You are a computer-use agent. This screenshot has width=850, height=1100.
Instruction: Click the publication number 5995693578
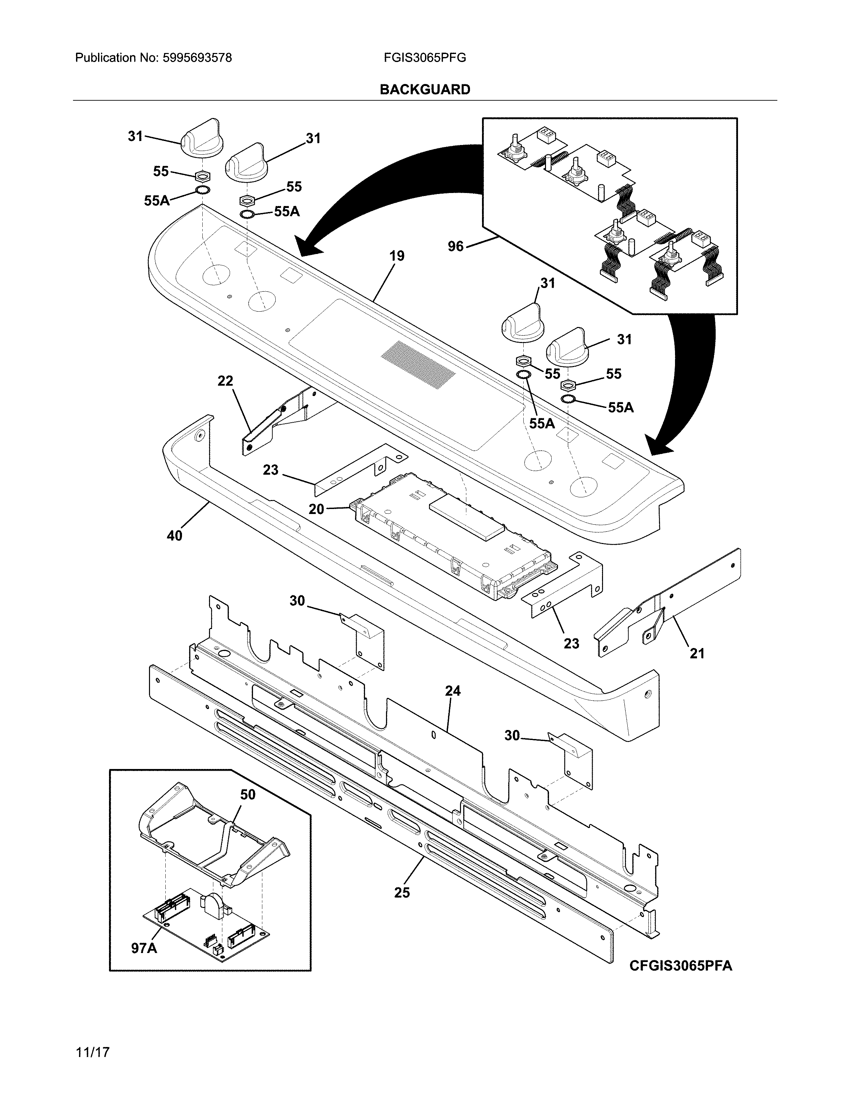(197, 58)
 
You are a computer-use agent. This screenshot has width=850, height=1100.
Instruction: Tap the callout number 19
(397, 256)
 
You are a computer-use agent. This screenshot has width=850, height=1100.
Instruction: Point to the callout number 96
(455, 246)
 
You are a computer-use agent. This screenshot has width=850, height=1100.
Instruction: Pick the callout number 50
(247, 795)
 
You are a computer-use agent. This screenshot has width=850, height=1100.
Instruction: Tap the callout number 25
(402, 892)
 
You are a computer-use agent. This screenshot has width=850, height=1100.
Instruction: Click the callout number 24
(452, 691)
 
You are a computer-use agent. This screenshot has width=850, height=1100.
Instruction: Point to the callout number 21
(697, 654)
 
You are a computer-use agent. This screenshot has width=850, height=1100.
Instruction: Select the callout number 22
(225, 381)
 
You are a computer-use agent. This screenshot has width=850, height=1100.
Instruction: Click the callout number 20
(316, 509)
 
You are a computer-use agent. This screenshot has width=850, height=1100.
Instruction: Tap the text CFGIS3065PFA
(680, 966)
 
